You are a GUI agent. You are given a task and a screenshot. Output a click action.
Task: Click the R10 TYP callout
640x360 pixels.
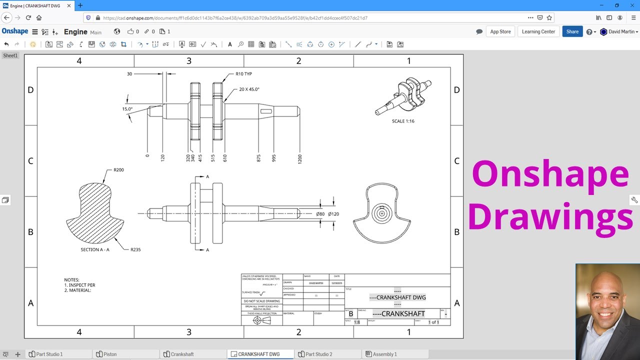click(243, 74)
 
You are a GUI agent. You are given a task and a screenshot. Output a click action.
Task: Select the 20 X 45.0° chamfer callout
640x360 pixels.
click(249, 89)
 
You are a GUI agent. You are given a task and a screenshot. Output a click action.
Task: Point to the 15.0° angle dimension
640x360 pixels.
click(127, 108)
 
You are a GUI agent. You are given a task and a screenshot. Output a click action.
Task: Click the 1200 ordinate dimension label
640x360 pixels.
click(300, 158)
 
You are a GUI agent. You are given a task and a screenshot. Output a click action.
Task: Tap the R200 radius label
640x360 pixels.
click(118, 170)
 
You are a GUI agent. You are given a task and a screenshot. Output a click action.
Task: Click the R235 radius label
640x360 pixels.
click(135, 249)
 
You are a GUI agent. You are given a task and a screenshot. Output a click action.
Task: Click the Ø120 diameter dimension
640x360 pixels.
click(333, 214)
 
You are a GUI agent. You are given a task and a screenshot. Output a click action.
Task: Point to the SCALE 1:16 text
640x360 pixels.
click(403, 121)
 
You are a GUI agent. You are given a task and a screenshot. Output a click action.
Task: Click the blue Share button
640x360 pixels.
click(572, 31)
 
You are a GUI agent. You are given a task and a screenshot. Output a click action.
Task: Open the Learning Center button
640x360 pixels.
click(538, 31)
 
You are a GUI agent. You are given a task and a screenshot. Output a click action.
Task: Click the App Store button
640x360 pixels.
click(500, 31)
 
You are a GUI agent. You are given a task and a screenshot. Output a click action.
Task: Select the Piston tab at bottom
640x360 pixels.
click(110, 354)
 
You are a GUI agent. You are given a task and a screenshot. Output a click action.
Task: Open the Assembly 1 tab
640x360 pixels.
click(384, 354)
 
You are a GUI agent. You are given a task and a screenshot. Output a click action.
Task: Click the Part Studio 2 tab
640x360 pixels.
click(318, 354)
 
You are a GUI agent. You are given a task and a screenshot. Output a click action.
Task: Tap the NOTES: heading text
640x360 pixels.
click(71, 280)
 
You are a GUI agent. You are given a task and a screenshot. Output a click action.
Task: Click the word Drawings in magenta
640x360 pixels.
click(550, 216)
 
